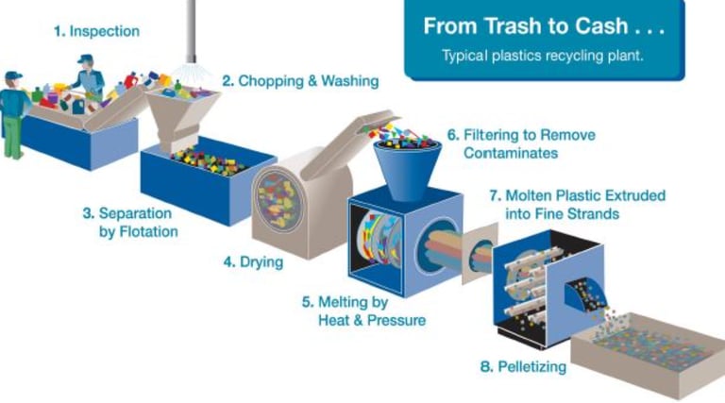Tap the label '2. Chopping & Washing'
coord(300,81)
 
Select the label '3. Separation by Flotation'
coord(130,222)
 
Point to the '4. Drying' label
coord(253,262)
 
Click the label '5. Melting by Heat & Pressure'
coord(363,311)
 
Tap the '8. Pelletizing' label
coord(523,366)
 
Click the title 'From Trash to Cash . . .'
coord(544,26)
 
